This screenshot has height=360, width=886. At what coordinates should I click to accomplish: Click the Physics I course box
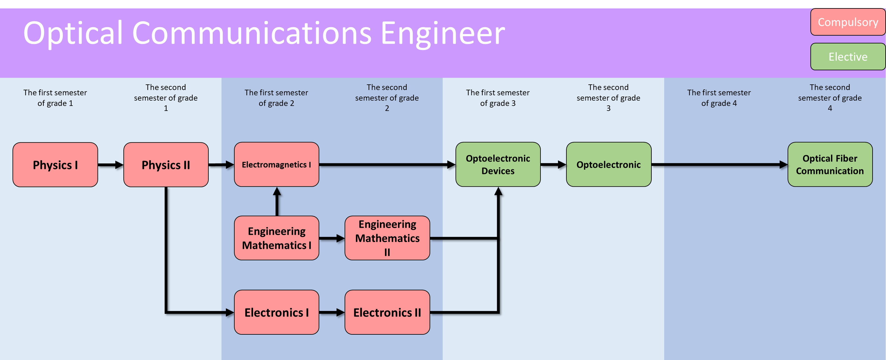tap(55, 165)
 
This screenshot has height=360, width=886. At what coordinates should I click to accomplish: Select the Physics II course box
tap(166, 165)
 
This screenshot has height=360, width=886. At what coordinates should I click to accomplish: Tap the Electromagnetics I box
tap(276, 164)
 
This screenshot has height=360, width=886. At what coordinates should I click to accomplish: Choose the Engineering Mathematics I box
tap(276, 238)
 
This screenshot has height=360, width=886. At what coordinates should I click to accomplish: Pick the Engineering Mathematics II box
tap(387, 238)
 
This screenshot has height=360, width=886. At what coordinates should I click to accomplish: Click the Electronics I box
tap(276, 312)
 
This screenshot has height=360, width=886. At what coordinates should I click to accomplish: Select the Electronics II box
tap(387, 312)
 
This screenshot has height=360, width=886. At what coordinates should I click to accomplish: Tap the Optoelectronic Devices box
tap(498, 164)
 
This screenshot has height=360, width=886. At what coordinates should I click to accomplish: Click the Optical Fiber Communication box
tap(830, 164)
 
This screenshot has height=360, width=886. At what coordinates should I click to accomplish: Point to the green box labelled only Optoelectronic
tap(609, 164)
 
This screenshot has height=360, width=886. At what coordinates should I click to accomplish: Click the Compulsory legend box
tap(848, 22)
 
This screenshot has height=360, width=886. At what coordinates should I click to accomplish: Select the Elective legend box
tap(848, 57)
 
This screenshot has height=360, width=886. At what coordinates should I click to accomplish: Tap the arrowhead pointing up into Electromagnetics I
tap(277, 191)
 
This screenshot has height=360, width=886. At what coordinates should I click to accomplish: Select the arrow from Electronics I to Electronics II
tap(332, 312)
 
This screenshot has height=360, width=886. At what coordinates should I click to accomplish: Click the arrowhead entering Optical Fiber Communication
tap(784, 165)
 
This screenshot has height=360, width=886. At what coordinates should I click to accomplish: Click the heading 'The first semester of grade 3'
tap(498, 98)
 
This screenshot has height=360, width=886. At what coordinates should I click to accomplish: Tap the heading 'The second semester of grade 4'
tap(830, 98)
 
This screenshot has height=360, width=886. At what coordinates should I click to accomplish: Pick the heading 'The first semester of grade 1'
tap(55, 98)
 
